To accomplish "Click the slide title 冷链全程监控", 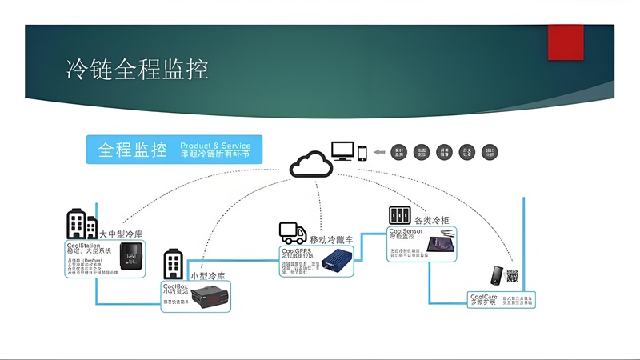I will pyautogui.click(x=137, y=70).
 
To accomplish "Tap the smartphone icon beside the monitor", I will pyautogui.click(x=362, y=152).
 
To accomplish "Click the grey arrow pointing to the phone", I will pyautogui.click(x=378, y=153).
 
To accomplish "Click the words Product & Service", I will pyautogui.click(x=214, y=144).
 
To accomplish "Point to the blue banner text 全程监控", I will pyautogui.click(x=132, y=150).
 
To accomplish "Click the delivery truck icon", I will pyautogui.click(x=292, y=233).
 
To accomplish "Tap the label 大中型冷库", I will pyautogui.click(x=121, y=234).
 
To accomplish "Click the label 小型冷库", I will pyautogui.click(x=208, y=276).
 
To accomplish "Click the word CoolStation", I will pyautogui.click(x=83, y=245).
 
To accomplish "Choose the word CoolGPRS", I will pyautogui.click(x=295, y=250).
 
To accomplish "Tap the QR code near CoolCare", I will pyautogui.click(x=512, y=276).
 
